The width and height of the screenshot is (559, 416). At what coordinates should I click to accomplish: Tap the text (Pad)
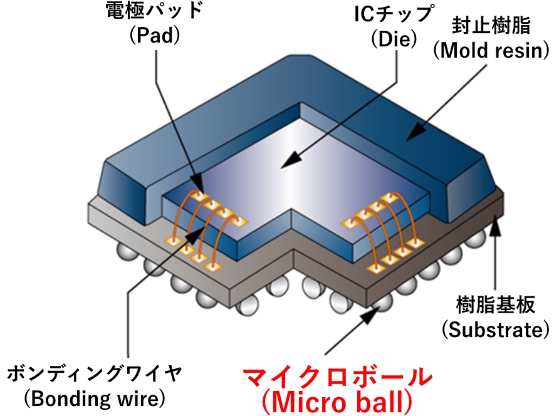point(154,36)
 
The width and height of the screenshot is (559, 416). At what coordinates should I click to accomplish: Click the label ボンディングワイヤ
point(94,374)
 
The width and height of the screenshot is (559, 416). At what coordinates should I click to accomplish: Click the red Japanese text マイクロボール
point(337,378)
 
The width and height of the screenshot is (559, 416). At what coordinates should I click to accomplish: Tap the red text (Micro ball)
point(337,402)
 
